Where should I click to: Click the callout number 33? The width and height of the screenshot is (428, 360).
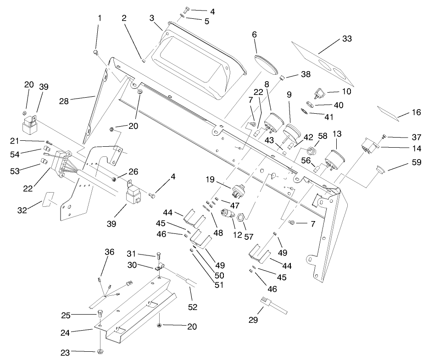(x=347, y=39)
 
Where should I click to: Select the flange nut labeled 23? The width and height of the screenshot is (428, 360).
(x=100, y=352)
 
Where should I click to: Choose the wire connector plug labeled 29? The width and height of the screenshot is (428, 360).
(x=267, y=302)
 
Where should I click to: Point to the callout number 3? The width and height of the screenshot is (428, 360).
(x=151, y=18)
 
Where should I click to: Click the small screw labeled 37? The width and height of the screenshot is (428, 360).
(x=384, y=137)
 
